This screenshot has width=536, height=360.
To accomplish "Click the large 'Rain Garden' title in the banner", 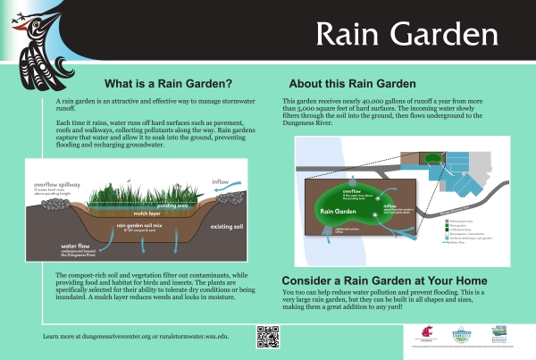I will point(406,36).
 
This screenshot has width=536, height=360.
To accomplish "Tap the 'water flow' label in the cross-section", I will point(80,244).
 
